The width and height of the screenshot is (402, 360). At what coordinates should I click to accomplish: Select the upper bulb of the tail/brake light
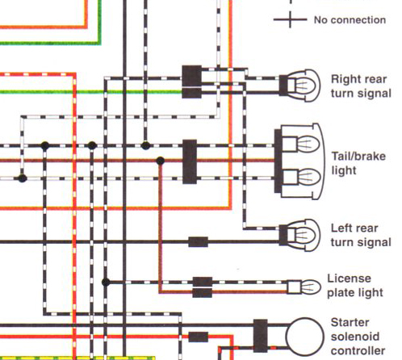(x=301, y=144)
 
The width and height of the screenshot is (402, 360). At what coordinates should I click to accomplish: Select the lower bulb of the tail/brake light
(x=301, y=177)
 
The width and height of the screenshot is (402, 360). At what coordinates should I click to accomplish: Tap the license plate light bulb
(x=304, y=287)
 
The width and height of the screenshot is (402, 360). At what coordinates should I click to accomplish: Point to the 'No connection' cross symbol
(x=290, y=19)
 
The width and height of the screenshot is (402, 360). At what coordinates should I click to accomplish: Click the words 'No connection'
(x=350, y=20)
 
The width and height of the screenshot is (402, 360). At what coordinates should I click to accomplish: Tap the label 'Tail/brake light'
(x=358, y=163)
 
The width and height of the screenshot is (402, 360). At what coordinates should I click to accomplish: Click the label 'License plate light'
(x=355, y=286)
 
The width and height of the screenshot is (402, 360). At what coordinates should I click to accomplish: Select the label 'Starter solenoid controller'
(x=358, y=337)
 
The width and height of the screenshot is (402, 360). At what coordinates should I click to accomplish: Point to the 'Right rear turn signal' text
(x=361, y=86)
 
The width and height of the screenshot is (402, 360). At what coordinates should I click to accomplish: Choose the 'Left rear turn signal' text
(x=361, y=235)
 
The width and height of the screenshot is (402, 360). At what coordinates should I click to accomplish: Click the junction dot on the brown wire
(x=160, y=161)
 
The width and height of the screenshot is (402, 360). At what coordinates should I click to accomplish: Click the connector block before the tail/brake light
(x=190, y=161)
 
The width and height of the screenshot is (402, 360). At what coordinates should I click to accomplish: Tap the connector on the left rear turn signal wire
(x=198, y=242)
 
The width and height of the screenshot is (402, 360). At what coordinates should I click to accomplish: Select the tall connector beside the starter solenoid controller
(x=261, y=336)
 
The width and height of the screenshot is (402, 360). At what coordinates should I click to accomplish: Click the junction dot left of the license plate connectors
(x=106, y=283)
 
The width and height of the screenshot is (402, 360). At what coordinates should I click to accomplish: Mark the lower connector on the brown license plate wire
(x=203, y=293)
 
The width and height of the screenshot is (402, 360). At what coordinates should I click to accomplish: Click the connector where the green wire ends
(x=191, y=93)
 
